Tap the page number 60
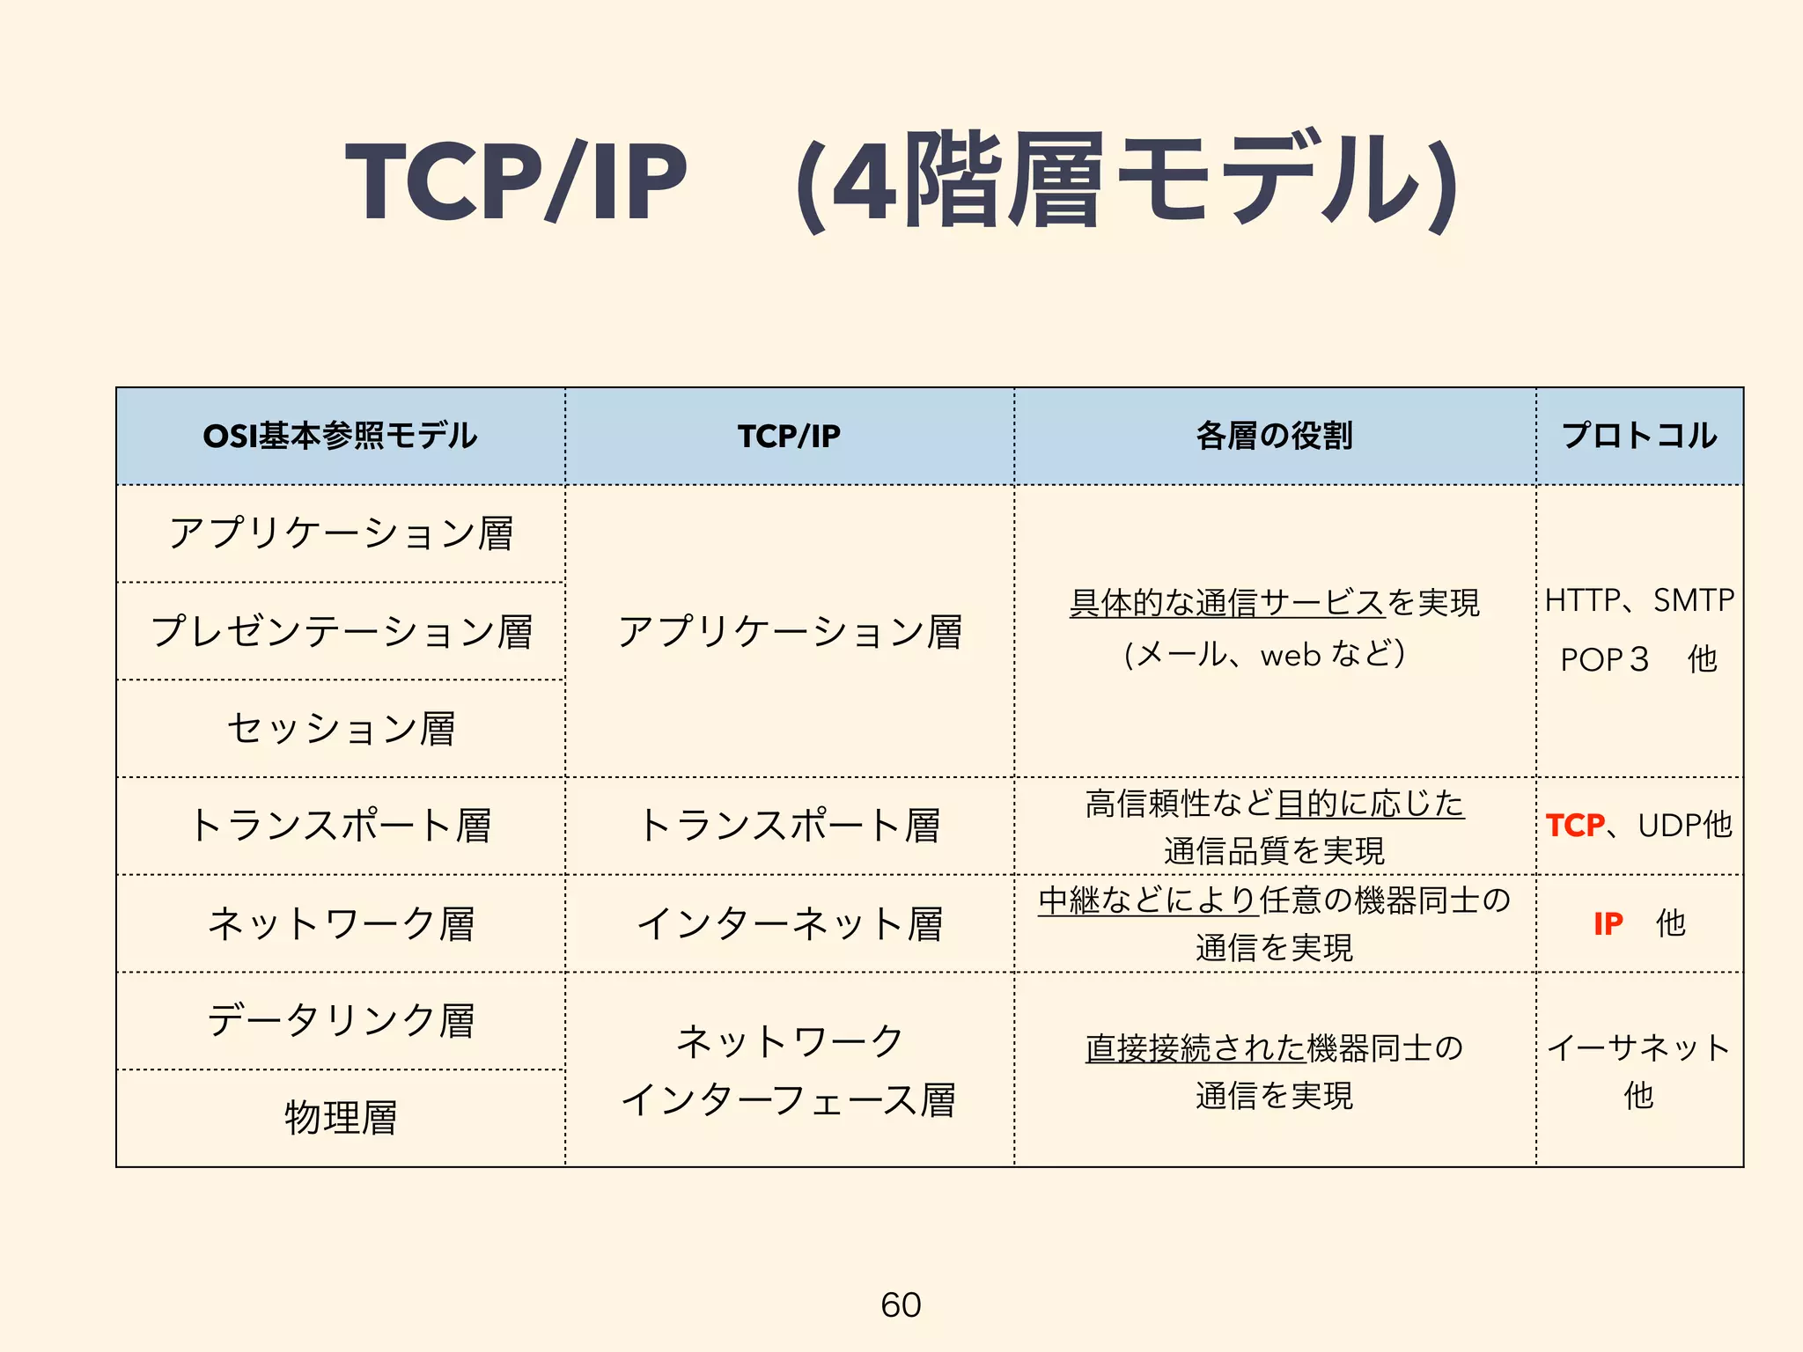tap(901, 1304)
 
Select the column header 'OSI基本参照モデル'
tap(340, 436)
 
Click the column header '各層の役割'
tap(1274, 436)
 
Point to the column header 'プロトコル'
tap(1639, 436)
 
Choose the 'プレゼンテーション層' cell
tap(342, 631)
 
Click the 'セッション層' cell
tap(342, 728)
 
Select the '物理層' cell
tap(342, 1118)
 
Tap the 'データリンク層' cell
tap(342, 1021)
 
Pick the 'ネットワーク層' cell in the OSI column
tap(342, 923)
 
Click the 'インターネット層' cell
tap(790, 923)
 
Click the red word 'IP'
tap(1608, 923)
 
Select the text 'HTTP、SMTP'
tap(1639, 600)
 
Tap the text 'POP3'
tap(1604, 659)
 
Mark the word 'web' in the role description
tap(1292, 656)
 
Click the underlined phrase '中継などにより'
tap(1148, 900)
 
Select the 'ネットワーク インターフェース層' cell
tap(790, 1069)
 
